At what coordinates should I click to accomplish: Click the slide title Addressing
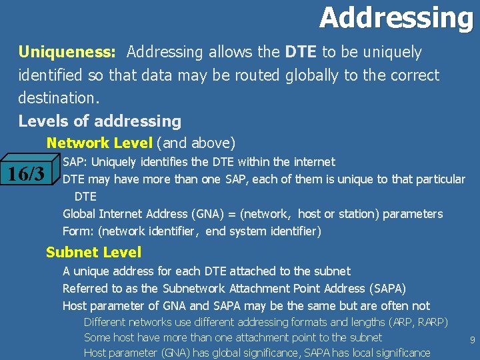click(396, 17)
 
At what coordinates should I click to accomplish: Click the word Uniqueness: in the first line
click(68, 52)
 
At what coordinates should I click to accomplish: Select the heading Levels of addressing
click(100, 121)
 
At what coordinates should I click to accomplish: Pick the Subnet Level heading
click(93, 252)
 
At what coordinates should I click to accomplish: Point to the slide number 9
click(472, 341)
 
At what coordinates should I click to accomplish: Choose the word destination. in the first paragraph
click(59, 98)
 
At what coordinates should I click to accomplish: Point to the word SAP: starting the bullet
click(75, 162)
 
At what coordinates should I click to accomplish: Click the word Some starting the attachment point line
click(97, 337)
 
